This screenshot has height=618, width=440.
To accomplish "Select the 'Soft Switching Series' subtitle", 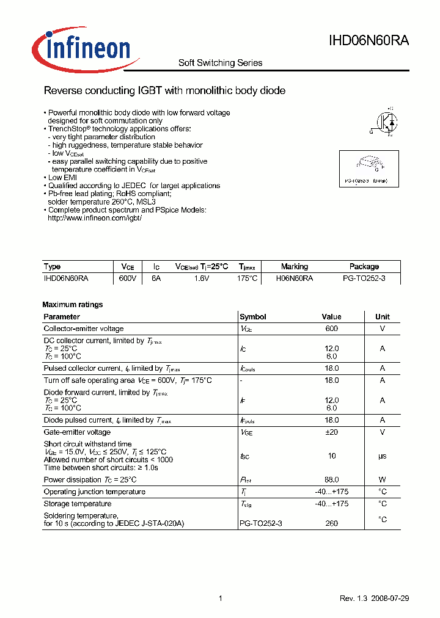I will [x=220, y=63].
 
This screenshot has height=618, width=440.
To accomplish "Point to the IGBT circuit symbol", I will [x=384, y=122].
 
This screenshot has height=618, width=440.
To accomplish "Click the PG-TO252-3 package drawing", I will [x=369, y=164].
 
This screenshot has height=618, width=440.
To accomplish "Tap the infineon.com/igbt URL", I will [x=95, y=218].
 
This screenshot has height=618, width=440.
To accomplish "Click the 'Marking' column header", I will [x=294, y=267].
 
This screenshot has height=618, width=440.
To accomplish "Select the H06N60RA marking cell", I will [x=295, y=278].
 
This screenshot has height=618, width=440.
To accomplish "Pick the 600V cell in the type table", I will [x=128, y=278].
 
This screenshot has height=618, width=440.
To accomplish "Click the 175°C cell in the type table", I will [x=248, y=278].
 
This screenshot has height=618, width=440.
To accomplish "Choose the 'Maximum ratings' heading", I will [x=73, y=305].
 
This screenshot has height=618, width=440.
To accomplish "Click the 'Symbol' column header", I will [x=253, y=317].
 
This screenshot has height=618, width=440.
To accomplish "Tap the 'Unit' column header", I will [x=383, y=317].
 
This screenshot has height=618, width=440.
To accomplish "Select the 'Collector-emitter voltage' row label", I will [x=84, y=329].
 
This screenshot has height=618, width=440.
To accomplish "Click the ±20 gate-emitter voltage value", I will [x=332, y=432].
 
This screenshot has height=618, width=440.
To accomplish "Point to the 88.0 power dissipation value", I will [x=332, y=480].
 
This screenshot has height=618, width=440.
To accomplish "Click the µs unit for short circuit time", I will [x=383, y=456].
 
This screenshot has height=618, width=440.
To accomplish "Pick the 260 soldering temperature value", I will [x=332, y=523].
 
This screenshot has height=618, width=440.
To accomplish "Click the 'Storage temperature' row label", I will [x=78, y=504].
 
